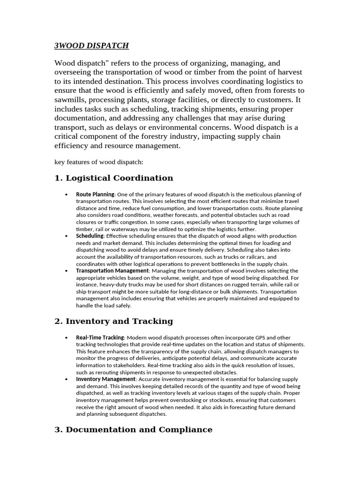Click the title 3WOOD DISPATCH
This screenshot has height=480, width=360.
[x=91, y=45]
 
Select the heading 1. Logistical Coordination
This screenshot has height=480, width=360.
[x=114, y=178]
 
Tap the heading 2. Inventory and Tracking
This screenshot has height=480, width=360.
[x=114, y=321]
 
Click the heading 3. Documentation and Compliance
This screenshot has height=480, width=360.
[x=134, y=429]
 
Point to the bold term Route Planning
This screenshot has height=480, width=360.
[x=95, y=194]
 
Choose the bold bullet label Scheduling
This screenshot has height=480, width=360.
[x=90, y=236]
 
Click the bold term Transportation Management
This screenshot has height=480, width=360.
[x=112, y=271]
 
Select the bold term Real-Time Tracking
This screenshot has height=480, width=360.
[x=100, y=337]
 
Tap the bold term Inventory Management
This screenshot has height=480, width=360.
[x=106, y=379]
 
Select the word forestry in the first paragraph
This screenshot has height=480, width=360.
[x=190, y=136]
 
